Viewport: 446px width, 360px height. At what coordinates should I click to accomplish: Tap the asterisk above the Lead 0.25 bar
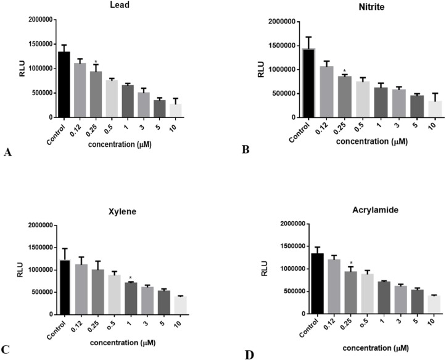coord(96,62)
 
